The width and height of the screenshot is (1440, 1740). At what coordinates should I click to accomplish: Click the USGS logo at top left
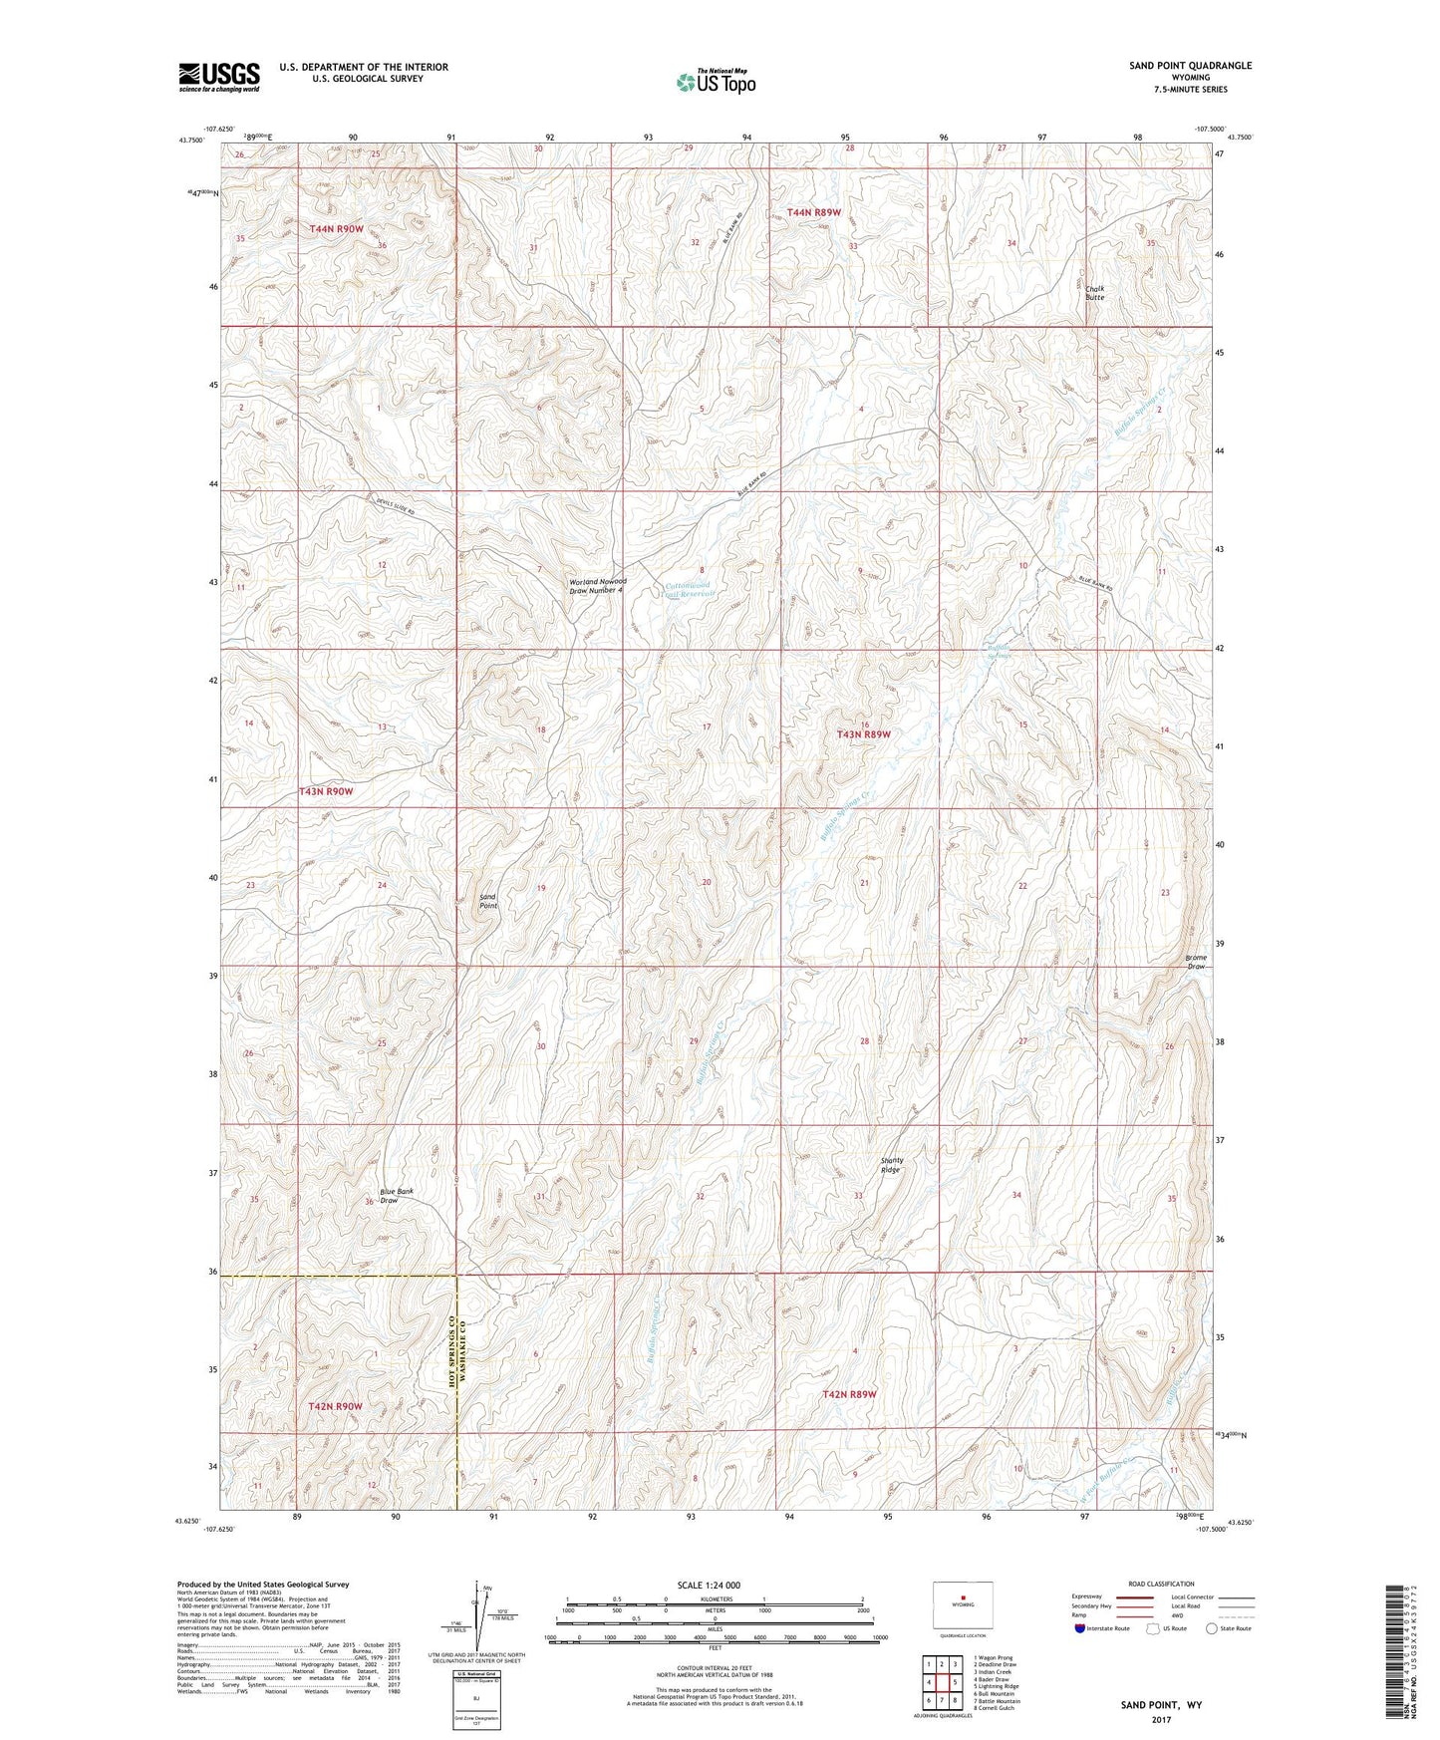pyautogui.click(x=218, y=76)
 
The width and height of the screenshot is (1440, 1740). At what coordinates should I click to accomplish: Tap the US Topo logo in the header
pyautogui.click(x=716, y=81)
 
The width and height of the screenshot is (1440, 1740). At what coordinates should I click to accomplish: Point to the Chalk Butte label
pyautogui.click(x=1094, y=292)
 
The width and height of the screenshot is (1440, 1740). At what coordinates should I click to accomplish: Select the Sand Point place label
pyautogui.click(x=488, y=901)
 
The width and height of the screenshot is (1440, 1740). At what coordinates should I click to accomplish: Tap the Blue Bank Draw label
pyautogui.click(x=396, y=1196)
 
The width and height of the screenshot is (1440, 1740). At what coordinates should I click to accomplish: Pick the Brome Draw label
pyautogui.click(x=1196, y=962)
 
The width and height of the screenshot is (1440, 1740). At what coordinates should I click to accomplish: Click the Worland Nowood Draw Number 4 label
pyautogui.click(x=596, y=586)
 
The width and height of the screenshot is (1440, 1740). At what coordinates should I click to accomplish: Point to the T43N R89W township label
pyautogui.click(x=862, y=734)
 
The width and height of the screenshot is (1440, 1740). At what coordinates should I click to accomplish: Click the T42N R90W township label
pyautogui.click(x=335, y=1406)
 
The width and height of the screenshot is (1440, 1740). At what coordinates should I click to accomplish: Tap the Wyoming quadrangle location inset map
pyautogui.click(x=963, y=1606)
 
